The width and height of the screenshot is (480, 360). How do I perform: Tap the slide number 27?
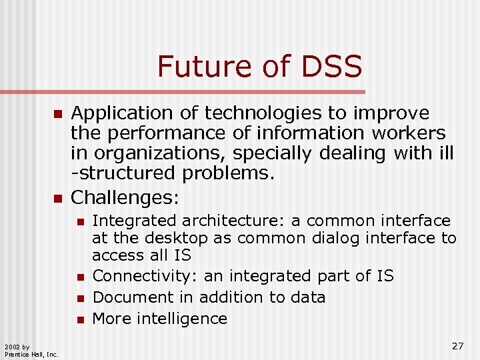[457, 345]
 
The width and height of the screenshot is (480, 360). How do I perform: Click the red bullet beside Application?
[57, 114]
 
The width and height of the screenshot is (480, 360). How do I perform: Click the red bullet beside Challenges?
[57, 198]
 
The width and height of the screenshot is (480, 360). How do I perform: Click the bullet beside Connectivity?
[79, 277]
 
